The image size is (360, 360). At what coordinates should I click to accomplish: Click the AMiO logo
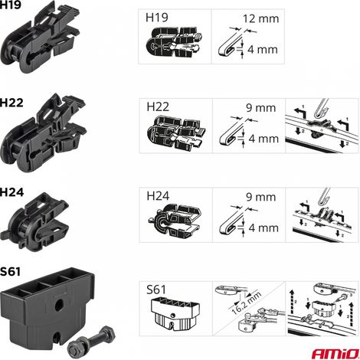[x=335, y=354]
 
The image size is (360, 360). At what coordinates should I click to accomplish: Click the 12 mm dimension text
[x=260, y=18]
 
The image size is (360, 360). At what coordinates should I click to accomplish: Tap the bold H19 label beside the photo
[x=10, y=5]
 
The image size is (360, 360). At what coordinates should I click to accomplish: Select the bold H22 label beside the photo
[x=11, y=103]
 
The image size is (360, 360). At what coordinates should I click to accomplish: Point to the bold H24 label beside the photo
[x=11, y=192]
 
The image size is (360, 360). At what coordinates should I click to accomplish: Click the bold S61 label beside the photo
[x=10, y=272]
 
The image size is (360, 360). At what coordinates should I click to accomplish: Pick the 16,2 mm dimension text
[x=247, y=303]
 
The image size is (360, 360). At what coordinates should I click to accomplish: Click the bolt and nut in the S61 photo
[x=91, y=339]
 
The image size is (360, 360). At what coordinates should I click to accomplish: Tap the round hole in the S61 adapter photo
[x=60, y=303]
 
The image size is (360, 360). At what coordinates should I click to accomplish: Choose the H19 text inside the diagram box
[x=157, y=18]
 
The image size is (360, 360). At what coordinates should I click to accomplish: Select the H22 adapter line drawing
[x=176, y=132]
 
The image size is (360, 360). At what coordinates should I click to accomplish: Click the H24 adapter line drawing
[x=175, y=219]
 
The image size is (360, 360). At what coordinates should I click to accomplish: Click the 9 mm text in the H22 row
[x=261, y=108]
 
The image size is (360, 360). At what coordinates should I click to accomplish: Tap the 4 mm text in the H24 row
[x=263, y=227]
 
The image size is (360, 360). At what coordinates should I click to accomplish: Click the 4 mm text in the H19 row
[x=263, y=50]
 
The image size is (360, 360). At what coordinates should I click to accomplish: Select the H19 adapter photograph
[x=40, y=38]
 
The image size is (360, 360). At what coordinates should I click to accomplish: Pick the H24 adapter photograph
[x=35, y=221]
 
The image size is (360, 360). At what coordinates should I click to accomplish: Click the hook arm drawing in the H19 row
[x=230, y=44]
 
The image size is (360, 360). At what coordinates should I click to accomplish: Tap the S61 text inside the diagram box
[x=156, y=290]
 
